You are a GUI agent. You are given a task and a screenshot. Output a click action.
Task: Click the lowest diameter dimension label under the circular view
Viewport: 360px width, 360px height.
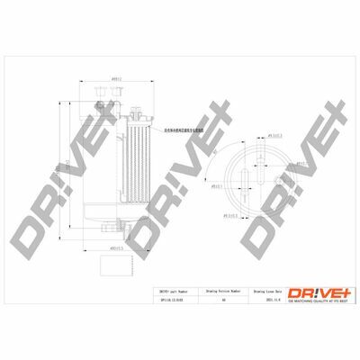(237, 213)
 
